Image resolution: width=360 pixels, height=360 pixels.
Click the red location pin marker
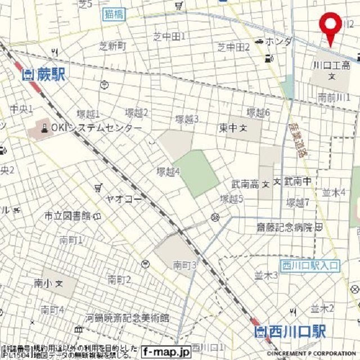click(330, 25)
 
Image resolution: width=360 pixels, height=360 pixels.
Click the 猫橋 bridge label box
click(115, 15)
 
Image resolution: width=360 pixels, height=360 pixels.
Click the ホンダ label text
click(279, 42)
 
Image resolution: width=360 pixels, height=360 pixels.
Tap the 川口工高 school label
click(332, 66)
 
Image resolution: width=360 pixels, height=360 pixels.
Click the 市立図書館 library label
click(67, 216)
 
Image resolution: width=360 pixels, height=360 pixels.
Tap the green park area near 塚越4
click(195, 173)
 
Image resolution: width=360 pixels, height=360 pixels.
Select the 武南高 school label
click(245, 184)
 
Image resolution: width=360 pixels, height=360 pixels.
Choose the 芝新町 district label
click(113, 47)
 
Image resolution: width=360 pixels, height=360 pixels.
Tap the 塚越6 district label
click(259, 112)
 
